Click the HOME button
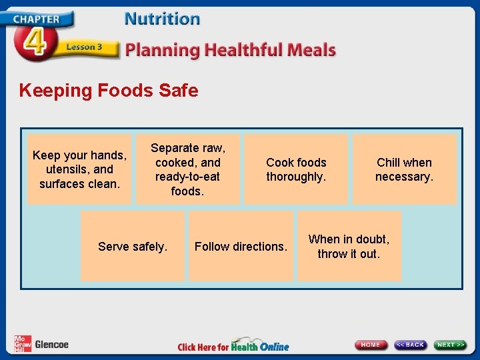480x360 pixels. coord(371,345)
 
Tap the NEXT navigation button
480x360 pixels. coord(451,345)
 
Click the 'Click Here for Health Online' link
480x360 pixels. coord(233,346)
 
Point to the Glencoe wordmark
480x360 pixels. coord(51,345)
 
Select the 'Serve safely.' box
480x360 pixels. coord(133,247)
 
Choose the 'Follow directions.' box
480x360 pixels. coord(241,247)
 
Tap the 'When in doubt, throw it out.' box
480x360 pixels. coord(349,247)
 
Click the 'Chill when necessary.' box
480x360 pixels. coord(404,169)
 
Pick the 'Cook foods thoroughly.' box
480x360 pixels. coord(296,169)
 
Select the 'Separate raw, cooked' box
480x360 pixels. coord(187,169)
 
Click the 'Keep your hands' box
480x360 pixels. coord(79,169)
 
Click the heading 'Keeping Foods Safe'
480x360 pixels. coord(109,91)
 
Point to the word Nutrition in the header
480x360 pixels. coord(162,19)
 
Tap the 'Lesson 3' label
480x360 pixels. coord(84,47)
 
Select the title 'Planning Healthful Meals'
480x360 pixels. coord(231,50)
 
